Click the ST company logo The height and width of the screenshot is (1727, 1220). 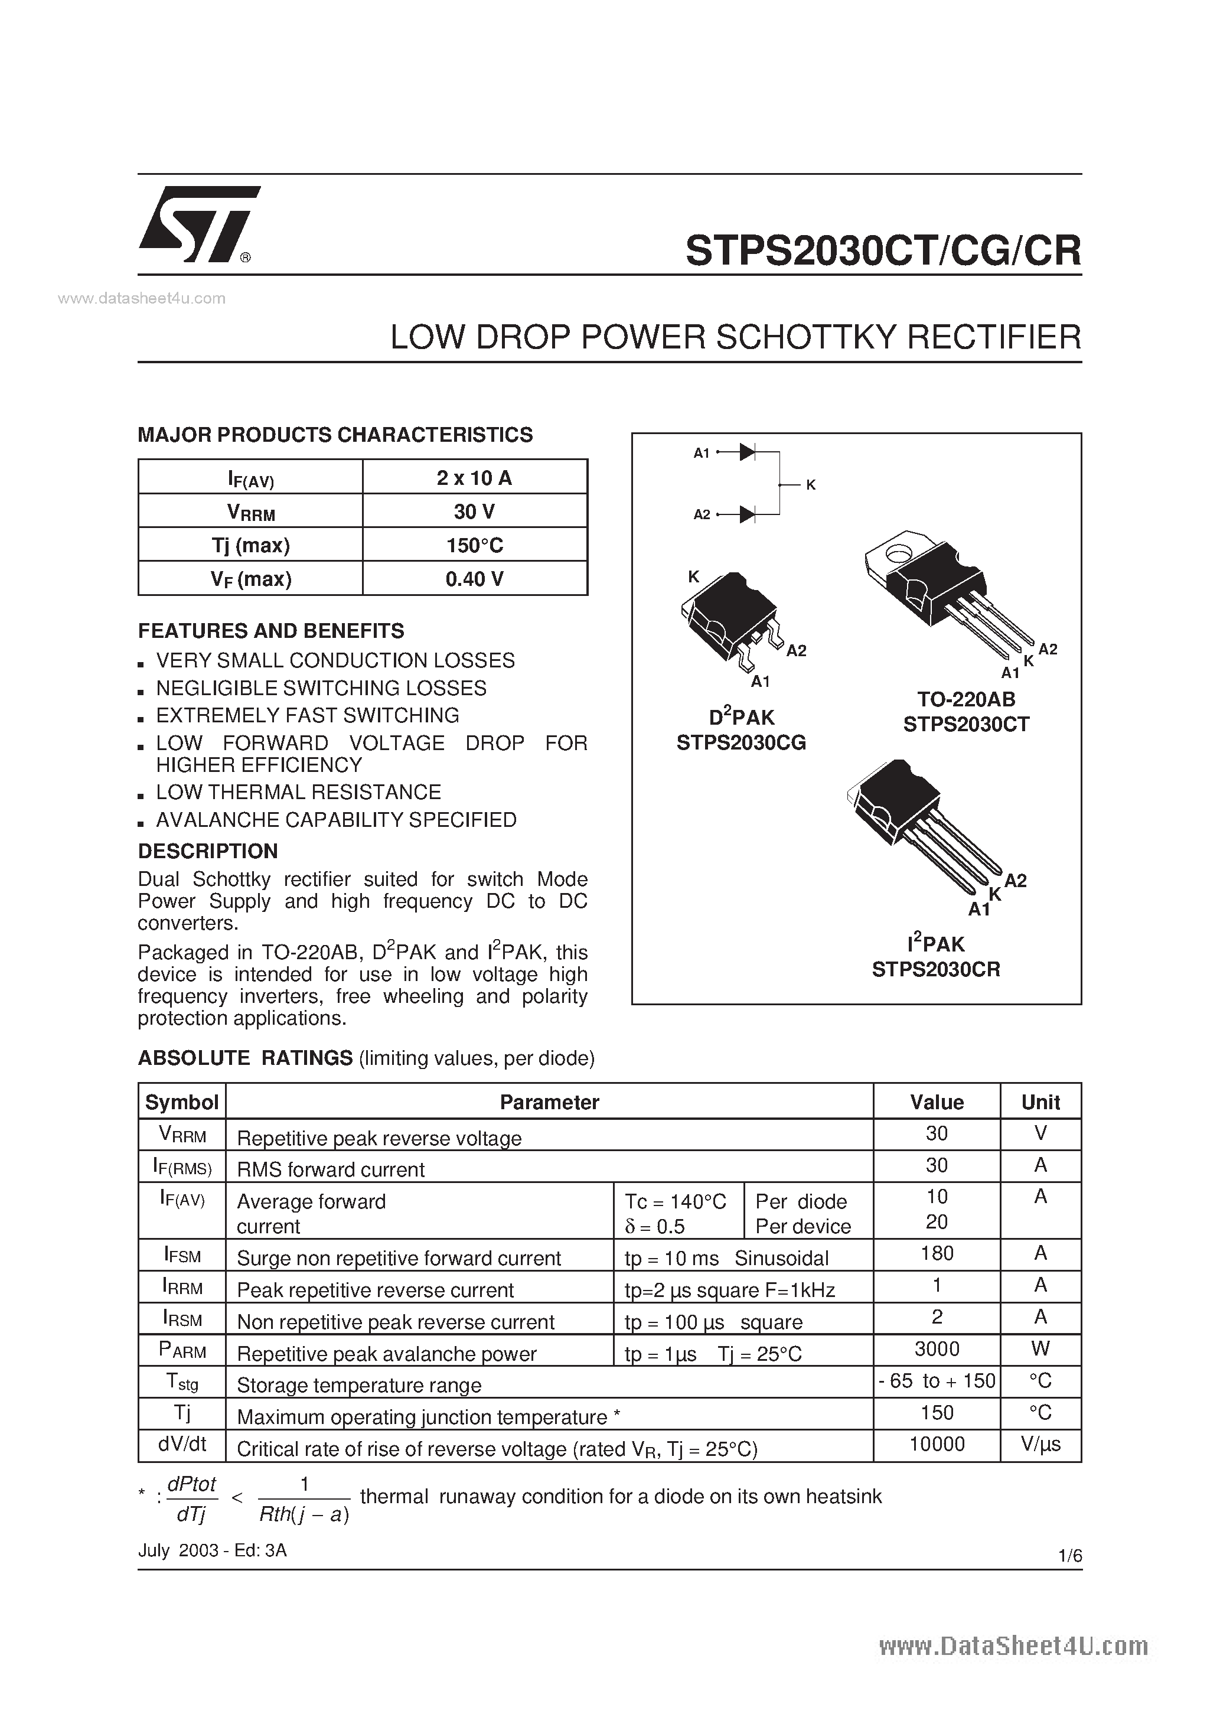click(x=198, y=224)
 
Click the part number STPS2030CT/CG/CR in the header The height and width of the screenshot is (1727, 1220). click(x=883, y=250)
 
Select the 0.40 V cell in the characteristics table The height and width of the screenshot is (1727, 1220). click(x=475, y=578)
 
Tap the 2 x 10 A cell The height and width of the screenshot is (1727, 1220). click(x=475, y=478)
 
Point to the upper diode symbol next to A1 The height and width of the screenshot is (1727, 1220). click(x=747, y=452)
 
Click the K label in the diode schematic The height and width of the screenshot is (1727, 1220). click(x=811, y=485)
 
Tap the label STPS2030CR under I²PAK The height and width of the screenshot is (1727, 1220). click(x=936, y=970)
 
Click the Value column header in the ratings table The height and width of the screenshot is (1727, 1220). click(x=937, y=1102)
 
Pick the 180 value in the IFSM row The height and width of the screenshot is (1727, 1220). click(x=937, y=1253)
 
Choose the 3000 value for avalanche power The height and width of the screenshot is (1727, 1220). click(x=937, y=1348)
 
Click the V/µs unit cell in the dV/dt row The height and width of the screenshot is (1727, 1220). click(x=1040, y=1444)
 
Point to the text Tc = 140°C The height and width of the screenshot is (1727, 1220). click(x=676, y=1202)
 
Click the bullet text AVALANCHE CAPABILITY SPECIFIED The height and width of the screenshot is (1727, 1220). click(x=336, y=820)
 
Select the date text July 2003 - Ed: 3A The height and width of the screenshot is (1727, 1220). click(x=212, y=1550)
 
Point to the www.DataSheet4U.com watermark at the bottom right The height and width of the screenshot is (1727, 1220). click(x=1013, y=1647)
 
